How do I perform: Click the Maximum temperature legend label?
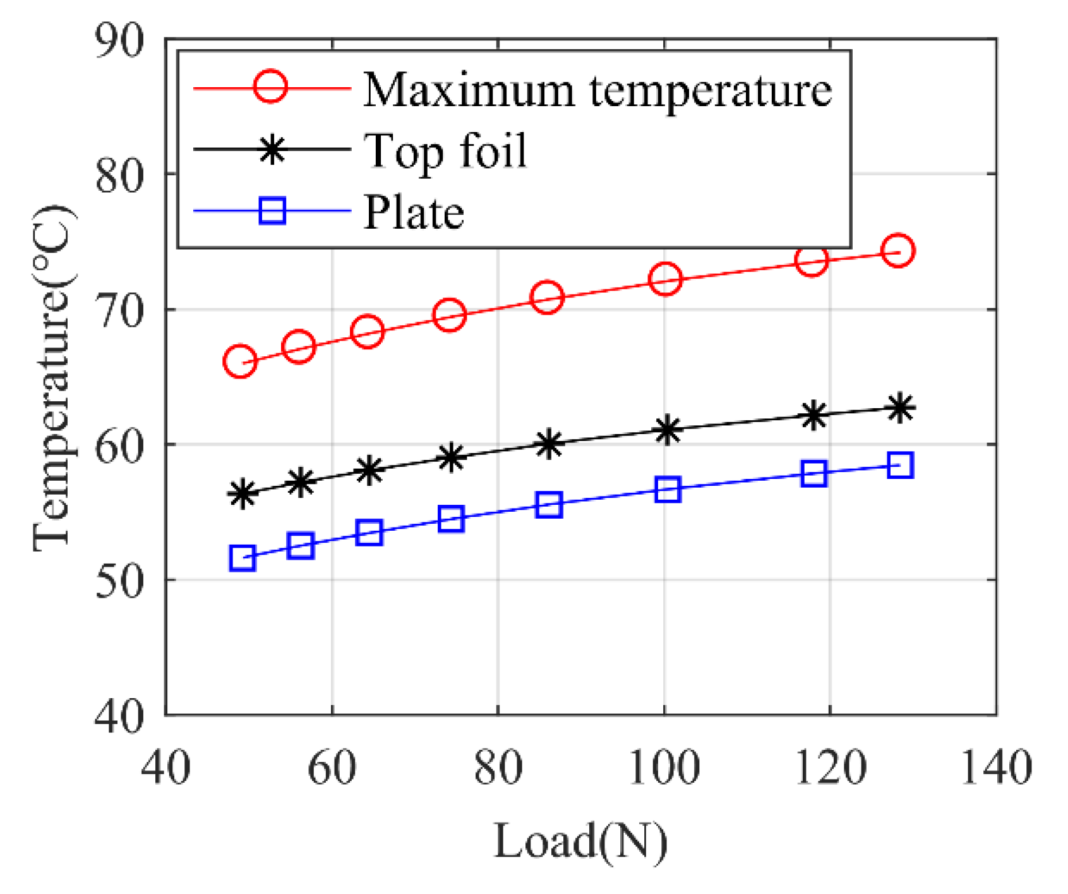(597, 89)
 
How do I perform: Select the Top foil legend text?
(445, 151)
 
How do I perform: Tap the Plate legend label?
(414, 212)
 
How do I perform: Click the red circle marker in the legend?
(271, 86)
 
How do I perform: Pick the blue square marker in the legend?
(272, 210)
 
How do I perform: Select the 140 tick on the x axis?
(996, 768)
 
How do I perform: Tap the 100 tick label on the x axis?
(664, 768)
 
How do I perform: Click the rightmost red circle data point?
(898, 251)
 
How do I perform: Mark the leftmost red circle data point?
(240, 361)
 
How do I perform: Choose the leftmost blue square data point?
(243, 559)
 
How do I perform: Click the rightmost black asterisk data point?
(900, 408)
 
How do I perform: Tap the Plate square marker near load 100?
(668, 490)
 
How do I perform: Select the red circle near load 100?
(665, 279)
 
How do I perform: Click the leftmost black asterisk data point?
(243, 494)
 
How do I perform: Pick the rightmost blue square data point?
(900, 466)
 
